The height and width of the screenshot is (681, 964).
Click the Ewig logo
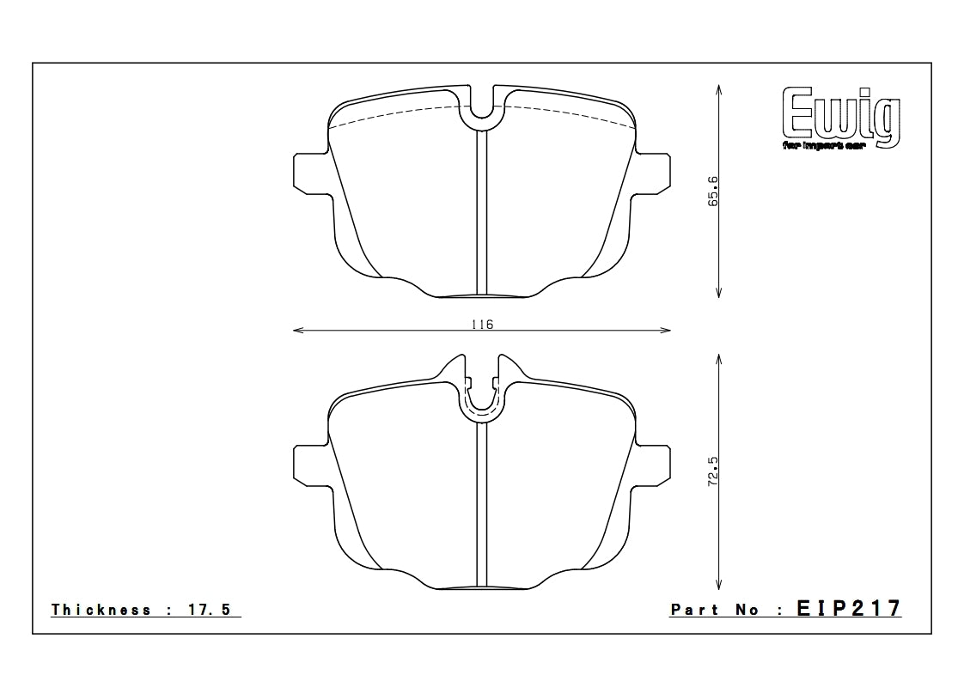point(840,119)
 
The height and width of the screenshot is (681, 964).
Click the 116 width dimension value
point(482,324)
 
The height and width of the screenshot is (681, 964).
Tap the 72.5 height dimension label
point(713,473)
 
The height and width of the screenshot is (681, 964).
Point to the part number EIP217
point(848,609)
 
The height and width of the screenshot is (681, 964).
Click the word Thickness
point(101,610)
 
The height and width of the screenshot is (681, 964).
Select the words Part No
point(715,610)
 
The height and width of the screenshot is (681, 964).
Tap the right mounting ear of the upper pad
point(652,173)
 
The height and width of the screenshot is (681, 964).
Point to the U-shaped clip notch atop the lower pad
point(482,399)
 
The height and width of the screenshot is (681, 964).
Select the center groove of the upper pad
point(482,215)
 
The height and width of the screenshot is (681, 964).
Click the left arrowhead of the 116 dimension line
point(297,330)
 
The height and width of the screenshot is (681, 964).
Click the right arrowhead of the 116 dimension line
point(667,330)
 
